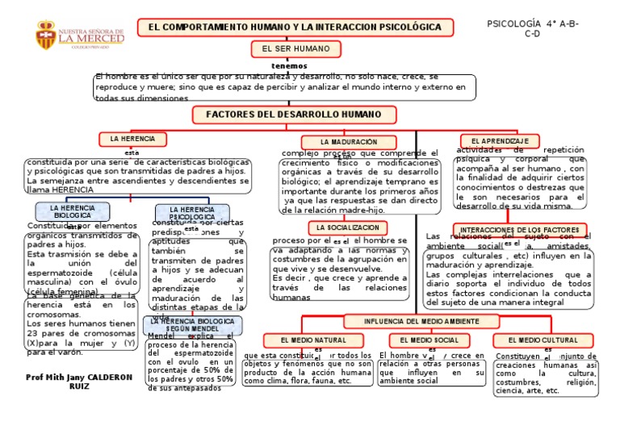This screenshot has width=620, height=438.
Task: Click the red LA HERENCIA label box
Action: pyautogui.click(x=132, y=139)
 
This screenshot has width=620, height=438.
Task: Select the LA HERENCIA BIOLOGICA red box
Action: pyautogui.click(x=73, y=212)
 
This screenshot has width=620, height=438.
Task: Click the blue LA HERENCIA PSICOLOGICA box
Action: pyautogui.click(x=192, y=214)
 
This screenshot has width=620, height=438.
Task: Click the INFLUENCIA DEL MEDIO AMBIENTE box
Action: pyautogui.click(x=421, y=321)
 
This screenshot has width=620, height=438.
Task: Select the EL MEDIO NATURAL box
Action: pyautogui.click(x=313, y=340)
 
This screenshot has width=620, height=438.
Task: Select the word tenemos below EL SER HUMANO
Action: pyautogui.click(x=289, y=65)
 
